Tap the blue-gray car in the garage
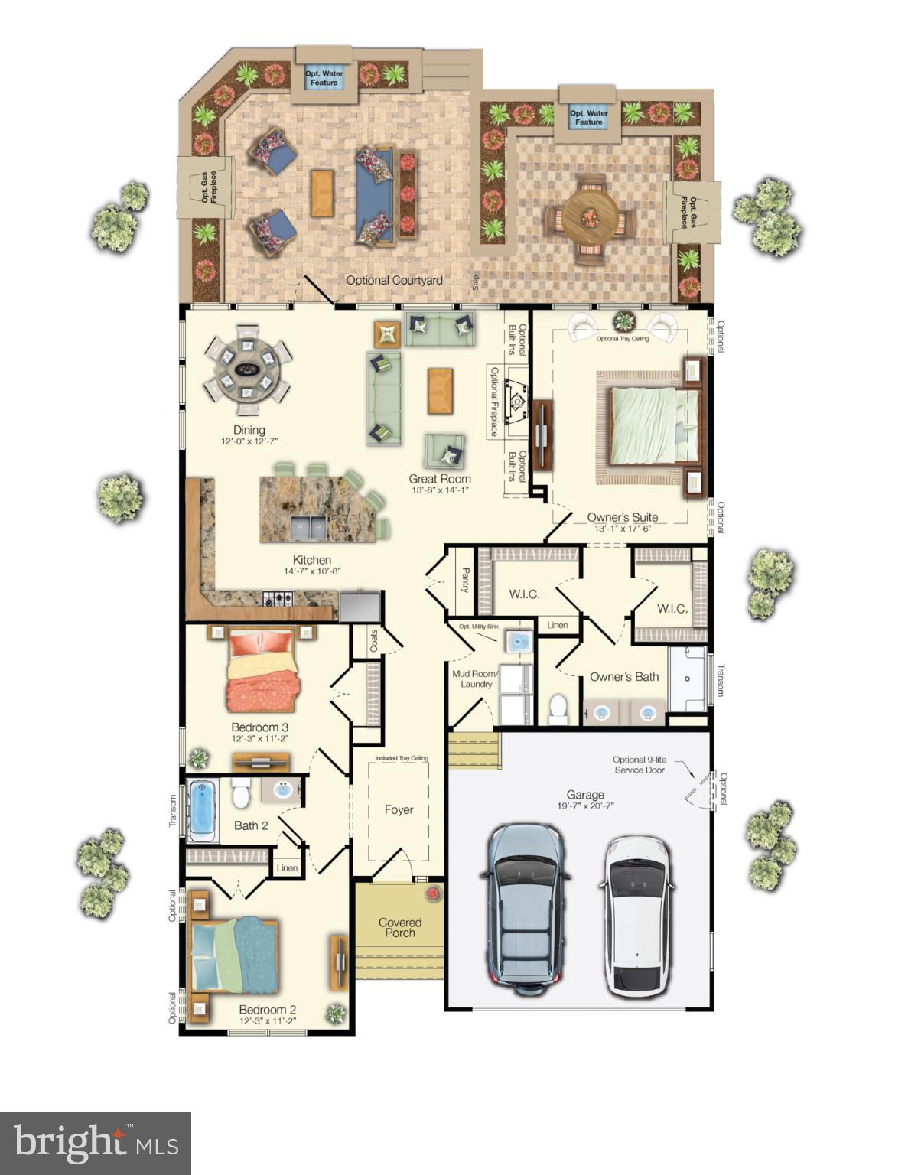coord(526,907)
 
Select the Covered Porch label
coord(400,927)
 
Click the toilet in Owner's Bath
coord(558,708)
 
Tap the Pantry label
coord(464,580)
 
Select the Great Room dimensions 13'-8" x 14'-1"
coord(439,490)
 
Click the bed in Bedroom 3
coord(261,671)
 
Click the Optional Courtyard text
coord(394,280)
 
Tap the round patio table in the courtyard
coord(590,216)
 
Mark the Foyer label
coord(399,809)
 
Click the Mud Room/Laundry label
coord(476,679)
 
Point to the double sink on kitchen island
coord(309,526)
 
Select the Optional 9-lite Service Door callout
coord(639,765)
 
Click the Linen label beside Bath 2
coord(287,867)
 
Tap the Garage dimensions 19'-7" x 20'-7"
coord(585,806)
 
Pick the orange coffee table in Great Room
coord(440,392)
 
